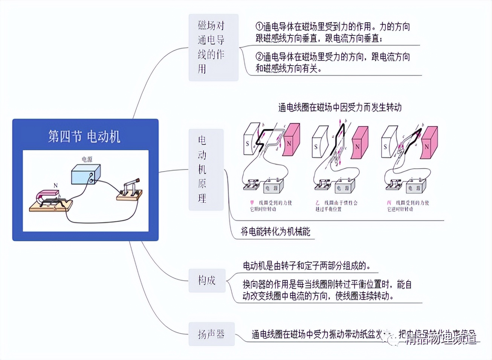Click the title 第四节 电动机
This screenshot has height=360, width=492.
[x=84, y=136]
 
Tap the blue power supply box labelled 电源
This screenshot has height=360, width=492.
[x=86, y=175]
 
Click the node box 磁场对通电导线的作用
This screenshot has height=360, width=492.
[x=213, y=47]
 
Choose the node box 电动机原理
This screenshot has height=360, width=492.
[x=205, y=169]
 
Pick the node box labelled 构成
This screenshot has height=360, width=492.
[x=207, y=280]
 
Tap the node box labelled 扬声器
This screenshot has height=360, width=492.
[x=211, y=334]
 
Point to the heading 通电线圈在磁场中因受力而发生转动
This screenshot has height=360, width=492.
[x=339, y=107]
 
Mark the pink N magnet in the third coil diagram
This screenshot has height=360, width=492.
[x=428, y=143]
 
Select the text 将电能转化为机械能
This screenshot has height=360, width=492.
[x=275, y=232]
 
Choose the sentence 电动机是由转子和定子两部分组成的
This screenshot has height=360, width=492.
[x=306, y=266]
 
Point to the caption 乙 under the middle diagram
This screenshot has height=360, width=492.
[x=318, y=203]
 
